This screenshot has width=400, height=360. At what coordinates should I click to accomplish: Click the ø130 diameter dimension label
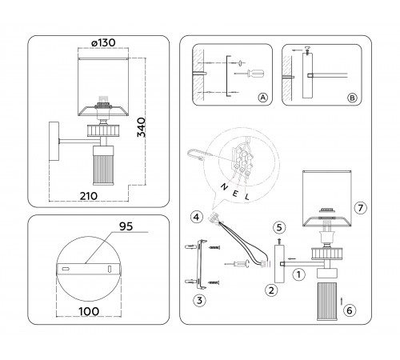[x=103, y=42]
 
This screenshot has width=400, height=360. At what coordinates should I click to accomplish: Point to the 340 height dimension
[x=142, y=127]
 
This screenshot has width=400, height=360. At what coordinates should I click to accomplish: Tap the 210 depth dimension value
[x=89, y=196]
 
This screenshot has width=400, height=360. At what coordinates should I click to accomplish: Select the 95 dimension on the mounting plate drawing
[x=126, y=226]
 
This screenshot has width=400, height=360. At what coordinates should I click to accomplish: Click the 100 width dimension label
[x=89, y=311]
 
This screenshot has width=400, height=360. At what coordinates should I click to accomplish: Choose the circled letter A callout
[x=263, y=98]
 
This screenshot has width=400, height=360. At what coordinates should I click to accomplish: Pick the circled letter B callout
[x=352, y=98]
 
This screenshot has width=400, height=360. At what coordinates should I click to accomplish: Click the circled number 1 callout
[x=298, y=274]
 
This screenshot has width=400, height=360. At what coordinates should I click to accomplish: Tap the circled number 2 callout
[x=271, y=290]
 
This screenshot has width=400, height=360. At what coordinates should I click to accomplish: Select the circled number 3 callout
[x=199, y=301]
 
